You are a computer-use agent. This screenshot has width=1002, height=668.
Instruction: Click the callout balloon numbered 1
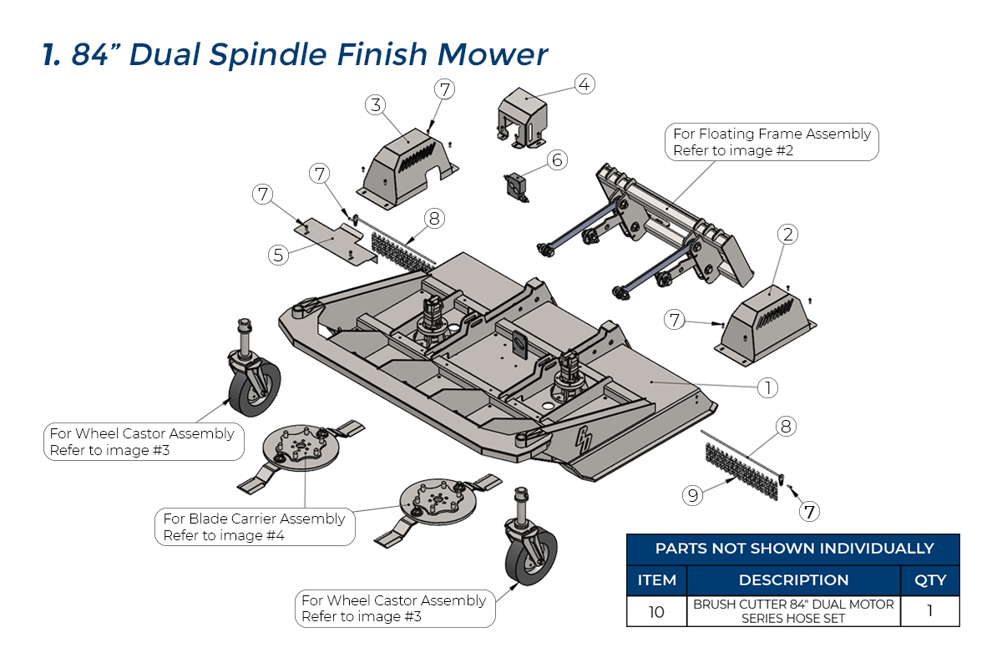pyautogui.click(x=767, y=387)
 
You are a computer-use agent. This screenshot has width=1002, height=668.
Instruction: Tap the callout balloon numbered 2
pyautogui.click(x=786, y=235)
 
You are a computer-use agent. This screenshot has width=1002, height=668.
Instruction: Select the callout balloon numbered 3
pyautogui.click(x=376, y=105)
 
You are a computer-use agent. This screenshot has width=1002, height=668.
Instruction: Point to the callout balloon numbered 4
pyautogui.click(x=584, y=84)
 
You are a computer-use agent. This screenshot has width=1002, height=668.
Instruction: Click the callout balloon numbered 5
pyautogui.click(x=279, y=255)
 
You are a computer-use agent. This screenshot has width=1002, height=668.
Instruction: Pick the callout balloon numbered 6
pyautogui.click(x=557, y=159)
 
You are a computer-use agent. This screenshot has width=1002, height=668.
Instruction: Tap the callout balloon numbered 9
pyautogui.click(x=691, y=495)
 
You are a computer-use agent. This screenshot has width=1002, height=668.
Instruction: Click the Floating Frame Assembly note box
pyautogui.click(x=772, y=142)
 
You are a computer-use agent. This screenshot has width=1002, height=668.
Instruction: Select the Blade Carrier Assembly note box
pyautogui.click(x=254, y=527)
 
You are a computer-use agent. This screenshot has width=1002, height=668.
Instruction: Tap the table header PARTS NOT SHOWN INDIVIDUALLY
pyautogui.click(x=793, y=549)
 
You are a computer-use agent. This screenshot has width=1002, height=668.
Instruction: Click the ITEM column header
pyautogui.click(x=656, y=579)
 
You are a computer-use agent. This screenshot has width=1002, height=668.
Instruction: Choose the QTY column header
pyautogui.click(x=930, y=579)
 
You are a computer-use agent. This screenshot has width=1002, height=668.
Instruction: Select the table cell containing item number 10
pyautogui.click(x=656, y=611)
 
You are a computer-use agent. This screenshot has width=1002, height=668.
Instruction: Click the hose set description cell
pyautogui.click(x=793, y=611)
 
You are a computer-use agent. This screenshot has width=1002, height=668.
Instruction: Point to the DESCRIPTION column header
pyautogui.click(x=793, y=579)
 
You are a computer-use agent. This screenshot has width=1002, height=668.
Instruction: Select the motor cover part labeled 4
pyautogui.click(x=522, y=119)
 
